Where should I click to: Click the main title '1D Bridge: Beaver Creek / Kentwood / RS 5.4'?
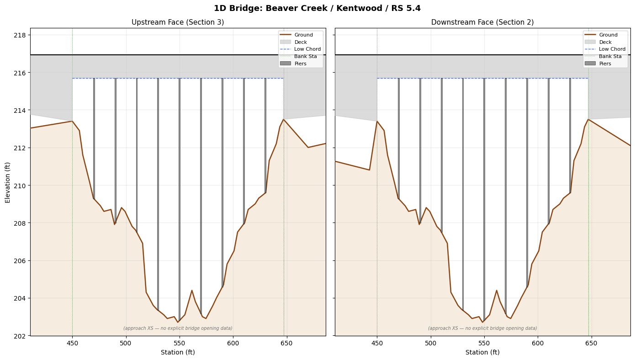tap(317, 8)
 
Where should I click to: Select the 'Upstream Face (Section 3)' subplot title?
tap(178, 22)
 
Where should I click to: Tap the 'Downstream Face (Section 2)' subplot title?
tap(482, 22)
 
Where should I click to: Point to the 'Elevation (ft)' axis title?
tap(7, 183)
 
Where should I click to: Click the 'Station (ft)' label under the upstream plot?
tap(178, 352)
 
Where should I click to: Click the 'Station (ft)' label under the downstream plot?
tap(482, 352)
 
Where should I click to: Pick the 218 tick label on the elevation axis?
tap(20, 35)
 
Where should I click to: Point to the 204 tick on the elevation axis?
tap(20, 298)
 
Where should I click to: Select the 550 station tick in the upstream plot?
tap(180, 343)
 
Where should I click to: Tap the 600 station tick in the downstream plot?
tap(538, 343)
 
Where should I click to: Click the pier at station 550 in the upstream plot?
tap(180, 200)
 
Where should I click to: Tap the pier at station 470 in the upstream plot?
tap(94, 138)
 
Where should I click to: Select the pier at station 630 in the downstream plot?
tap(570, 136)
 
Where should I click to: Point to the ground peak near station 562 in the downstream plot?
tap(497, 290)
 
